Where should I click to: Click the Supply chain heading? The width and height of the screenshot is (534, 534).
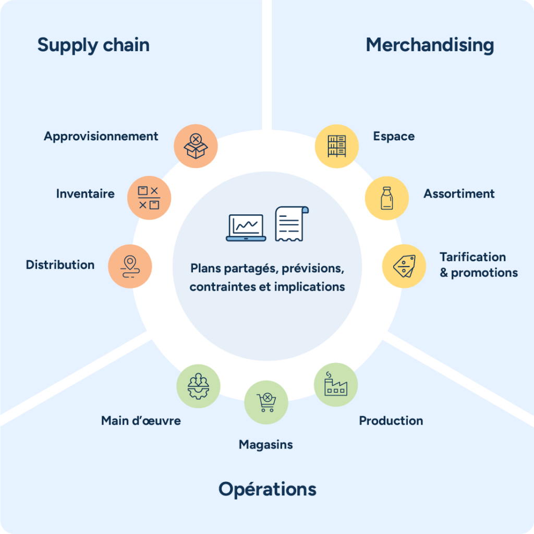pos(93,45)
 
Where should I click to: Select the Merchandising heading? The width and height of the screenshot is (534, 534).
pos(430,45)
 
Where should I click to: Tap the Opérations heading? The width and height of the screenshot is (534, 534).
pos(267,489)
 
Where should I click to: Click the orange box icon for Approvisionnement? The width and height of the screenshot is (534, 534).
pos(196,146)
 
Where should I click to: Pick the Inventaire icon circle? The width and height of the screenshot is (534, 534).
pos(149,198)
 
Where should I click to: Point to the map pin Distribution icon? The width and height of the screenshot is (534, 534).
pos(130,266)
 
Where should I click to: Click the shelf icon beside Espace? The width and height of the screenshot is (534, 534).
pos(337,146)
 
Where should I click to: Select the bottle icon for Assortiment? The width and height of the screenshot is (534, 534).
pos(386,198)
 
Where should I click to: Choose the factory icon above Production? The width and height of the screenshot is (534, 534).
pos(336,385)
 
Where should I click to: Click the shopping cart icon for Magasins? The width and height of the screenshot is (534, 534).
pos(266,403)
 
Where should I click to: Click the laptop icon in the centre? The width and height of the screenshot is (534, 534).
pos(246,227)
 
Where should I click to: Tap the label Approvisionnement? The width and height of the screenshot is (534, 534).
pos(101,137)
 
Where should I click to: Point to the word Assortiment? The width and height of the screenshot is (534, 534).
pos(459,194)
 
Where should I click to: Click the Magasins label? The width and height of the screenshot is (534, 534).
pos(266,445)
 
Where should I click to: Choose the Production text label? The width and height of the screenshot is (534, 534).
pos(391,421)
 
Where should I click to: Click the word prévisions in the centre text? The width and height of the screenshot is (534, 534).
pos(313,269)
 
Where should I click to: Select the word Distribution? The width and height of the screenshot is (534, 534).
pos(60,265)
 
